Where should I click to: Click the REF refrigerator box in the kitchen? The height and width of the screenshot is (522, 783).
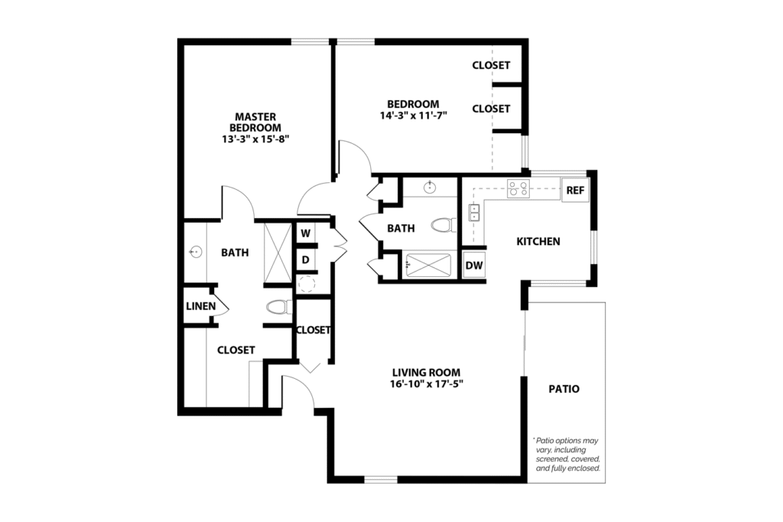[575, 190]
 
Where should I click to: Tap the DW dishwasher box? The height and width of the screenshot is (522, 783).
[474, 266]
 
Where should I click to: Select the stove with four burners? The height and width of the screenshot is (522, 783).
[518, 188]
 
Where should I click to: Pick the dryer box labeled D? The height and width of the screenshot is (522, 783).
[304, 259]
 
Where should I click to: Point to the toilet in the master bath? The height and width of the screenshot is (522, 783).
[278, 308]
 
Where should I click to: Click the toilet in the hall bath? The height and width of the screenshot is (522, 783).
[442, 225]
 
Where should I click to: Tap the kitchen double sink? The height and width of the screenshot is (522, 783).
[474, 212]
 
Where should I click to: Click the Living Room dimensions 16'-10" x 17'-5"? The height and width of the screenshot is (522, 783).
[425, 384]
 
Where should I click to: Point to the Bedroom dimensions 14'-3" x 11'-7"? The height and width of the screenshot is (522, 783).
[413, 116]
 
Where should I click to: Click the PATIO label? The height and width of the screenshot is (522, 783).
[564, 389]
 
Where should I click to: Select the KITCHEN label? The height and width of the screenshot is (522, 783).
[538, 242]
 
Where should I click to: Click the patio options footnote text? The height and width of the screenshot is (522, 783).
[567, 454]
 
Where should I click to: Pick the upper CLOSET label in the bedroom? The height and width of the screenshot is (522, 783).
[491, 66]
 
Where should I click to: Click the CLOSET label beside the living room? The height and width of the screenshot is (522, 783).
[313, 331]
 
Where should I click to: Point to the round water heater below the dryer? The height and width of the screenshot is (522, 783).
[307, 285]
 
